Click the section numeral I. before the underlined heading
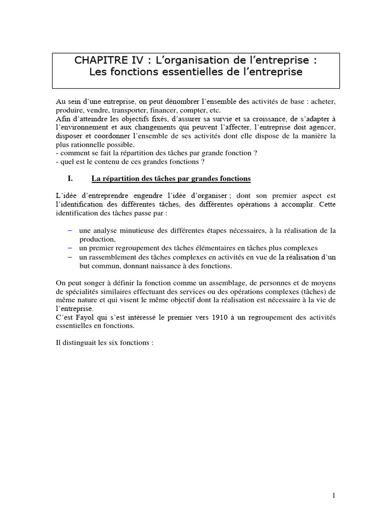point(71,178)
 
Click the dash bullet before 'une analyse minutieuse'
point(70,230)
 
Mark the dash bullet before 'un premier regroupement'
point(70,248)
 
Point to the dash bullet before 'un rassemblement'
point(70,256)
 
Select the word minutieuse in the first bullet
point(134,231)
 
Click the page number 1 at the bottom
point(333,495)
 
